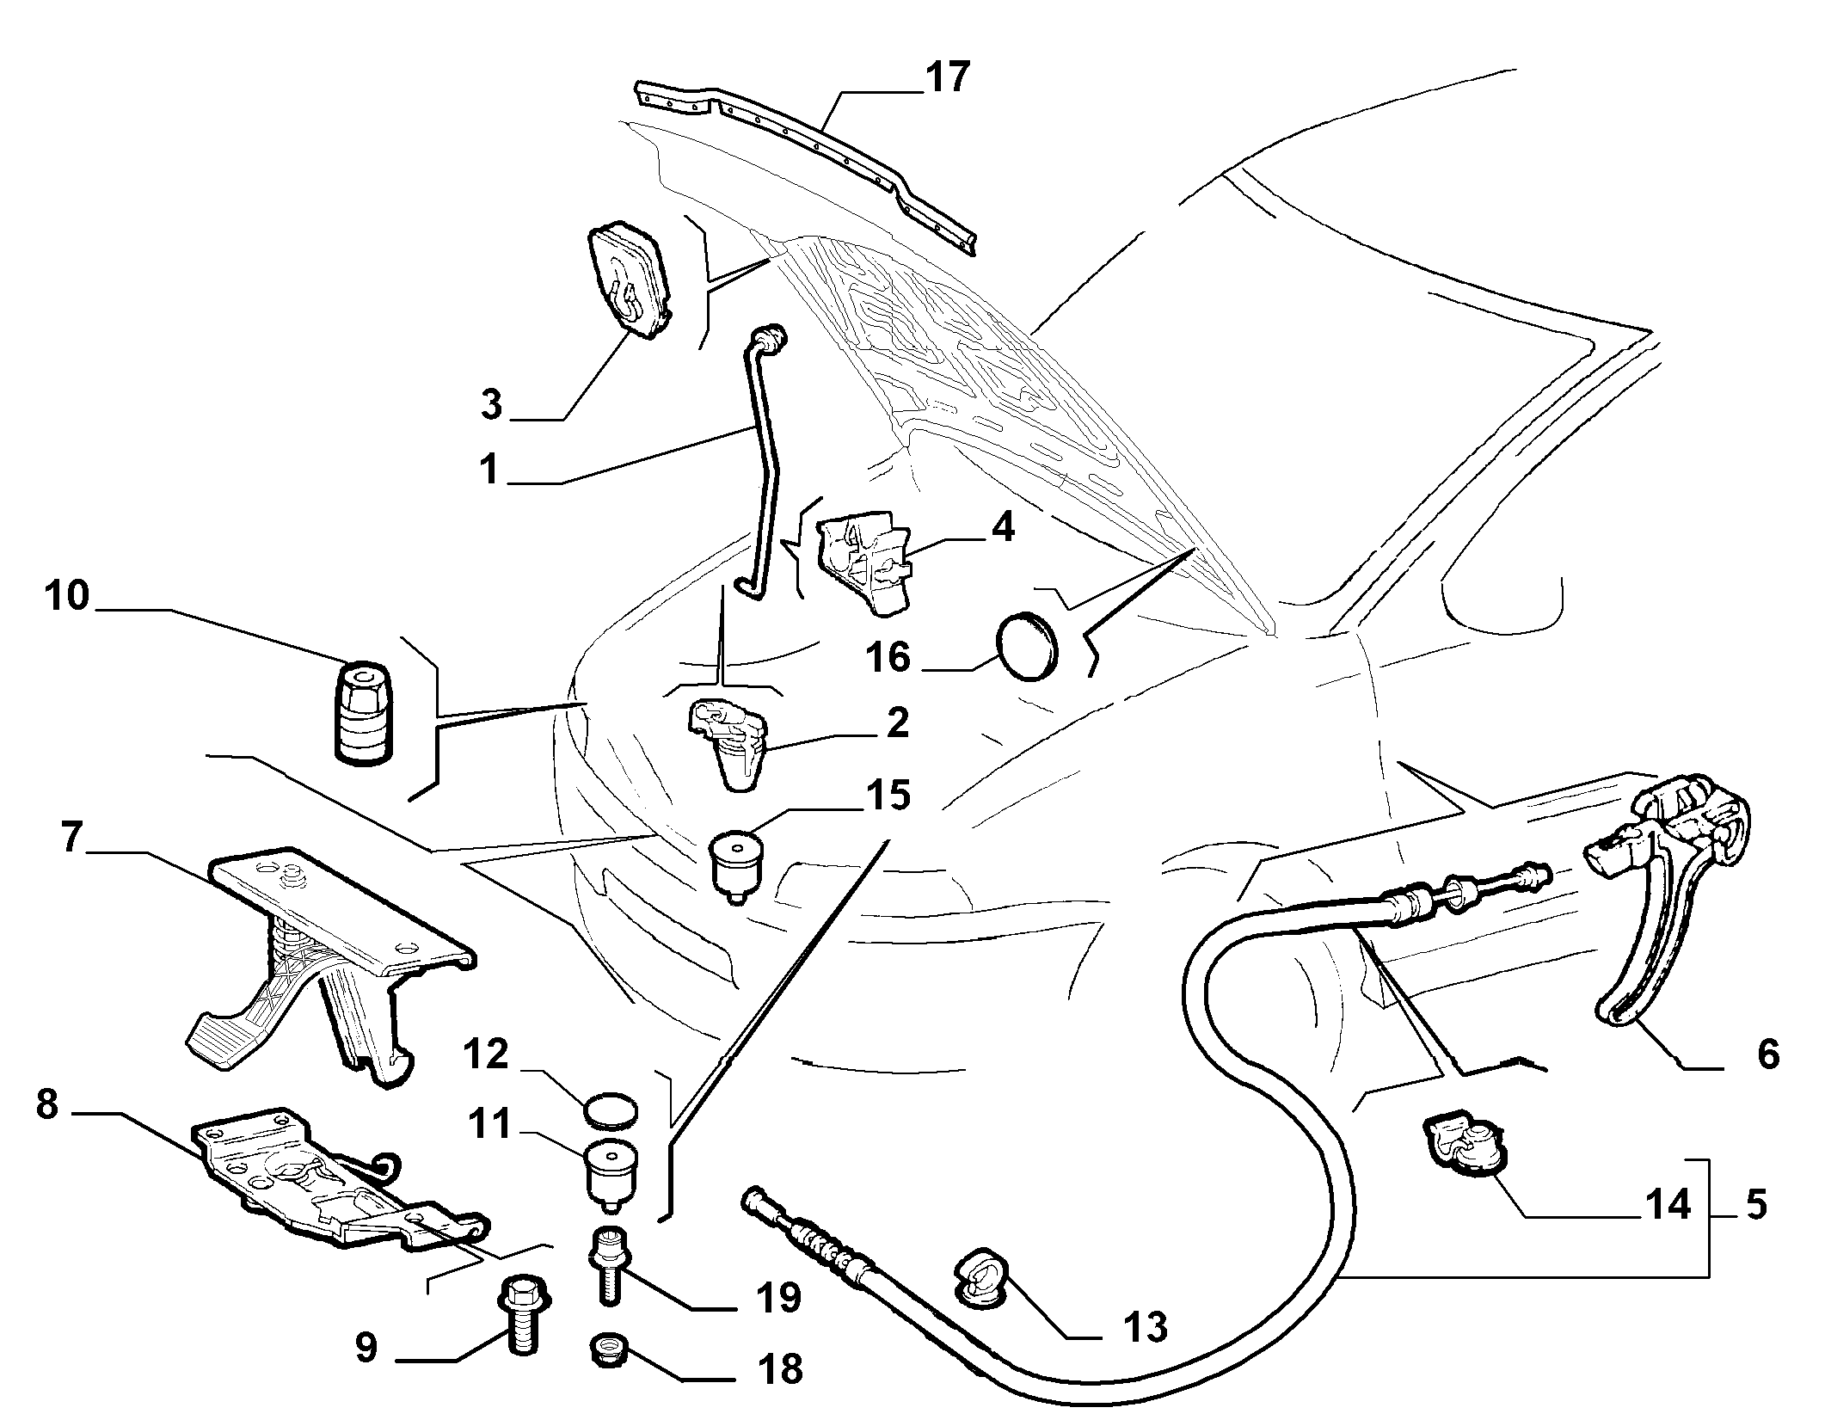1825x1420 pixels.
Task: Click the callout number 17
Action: click(947, 77)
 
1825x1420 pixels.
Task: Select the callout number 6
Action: click(1768, 1054)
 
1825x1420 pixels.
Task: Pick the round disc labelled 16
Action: click(1027, 646)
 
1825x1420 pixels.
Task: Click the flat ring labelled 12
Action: click(611, 1110)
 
